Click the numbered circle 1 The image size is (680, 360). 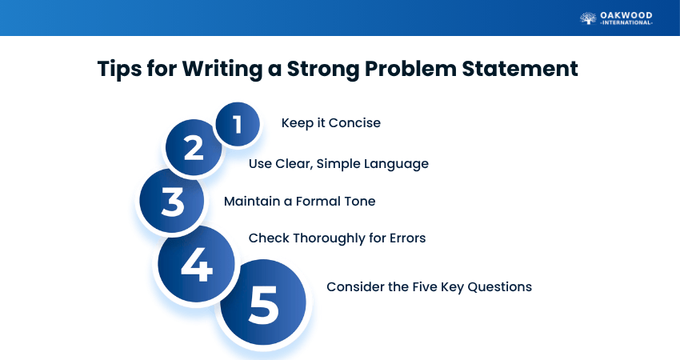click(238, 124)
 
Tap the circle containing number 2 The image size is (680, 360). click(194, 147)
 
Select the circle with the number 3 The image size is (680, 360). click(172, 201)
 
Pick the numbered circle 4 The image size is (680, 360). click(197, 264)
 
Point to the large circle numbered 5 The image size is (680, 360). click(263, 302)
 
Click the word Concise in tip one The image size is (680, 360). click(354, 122)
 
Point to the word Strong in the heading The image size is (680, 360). click(322, 70)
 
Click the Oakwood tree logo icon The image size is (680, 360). click(588, 18)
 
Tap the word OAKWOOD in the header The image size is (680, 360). click(626, 16)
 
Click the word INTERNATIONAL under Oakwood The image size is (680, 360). click(626, 23)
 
